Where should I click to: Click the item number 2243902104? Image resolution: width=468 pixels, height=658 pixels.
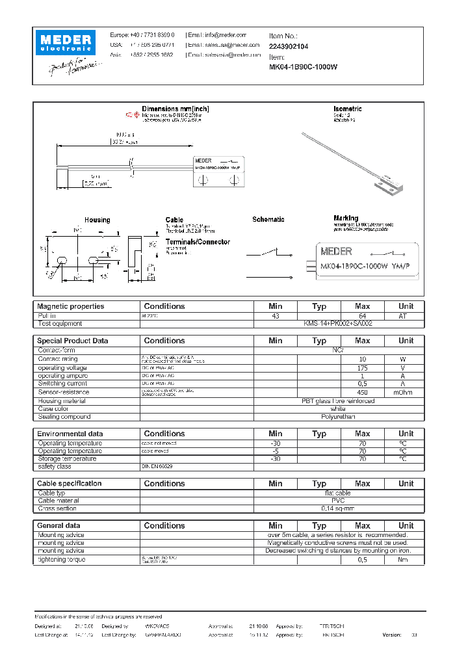(289, 47)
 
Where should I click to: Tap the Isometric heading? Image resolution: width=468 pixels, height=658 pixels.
(347, 109)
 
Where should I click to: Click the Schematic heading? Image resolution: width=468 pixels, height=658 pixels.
(268, 220)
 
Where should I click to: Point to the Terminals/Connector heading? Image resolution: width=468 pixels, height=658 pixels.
(198, 242)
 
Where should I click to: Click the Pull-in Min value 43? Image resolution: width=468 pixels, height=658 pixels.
(275, 316)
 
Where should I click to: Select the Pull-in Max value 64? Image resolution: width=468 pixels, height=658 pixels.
(362, 316)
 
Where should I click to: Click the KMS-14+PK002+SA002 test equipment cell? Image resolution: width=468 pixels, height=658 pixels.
(338, 323)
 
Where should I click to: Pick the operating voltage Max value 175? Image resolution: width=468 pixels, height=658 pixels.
(362, 369)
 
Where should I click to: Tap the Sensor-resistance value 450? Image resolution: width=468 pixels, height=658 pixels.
(362, 392)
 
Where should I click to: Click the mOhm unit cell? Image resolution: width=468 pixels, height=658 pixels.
(406, 392)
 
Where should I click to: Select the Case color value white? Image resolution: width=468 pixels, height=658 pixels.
(338, 409)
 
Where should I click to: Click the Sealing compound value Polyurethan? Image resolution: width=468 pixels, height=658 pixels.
(338, 417)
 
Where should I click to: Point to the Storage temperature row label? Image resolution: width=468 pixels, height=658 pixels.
(67, 459)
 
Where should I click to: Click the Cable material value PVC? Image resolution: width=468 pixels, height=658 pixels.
(338, 501)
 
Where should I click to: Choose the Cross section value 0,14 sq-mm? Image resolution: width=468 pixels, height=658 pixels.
(338, 508)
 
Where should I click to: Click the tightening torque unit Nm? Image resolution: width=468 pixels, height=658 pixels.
(406, 560)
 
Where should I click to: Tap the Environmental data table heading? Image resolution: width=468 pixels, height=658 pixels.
(70, 434)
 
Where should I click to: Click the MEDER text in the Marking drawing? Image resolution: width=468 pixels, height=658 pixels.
(336, 251)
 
